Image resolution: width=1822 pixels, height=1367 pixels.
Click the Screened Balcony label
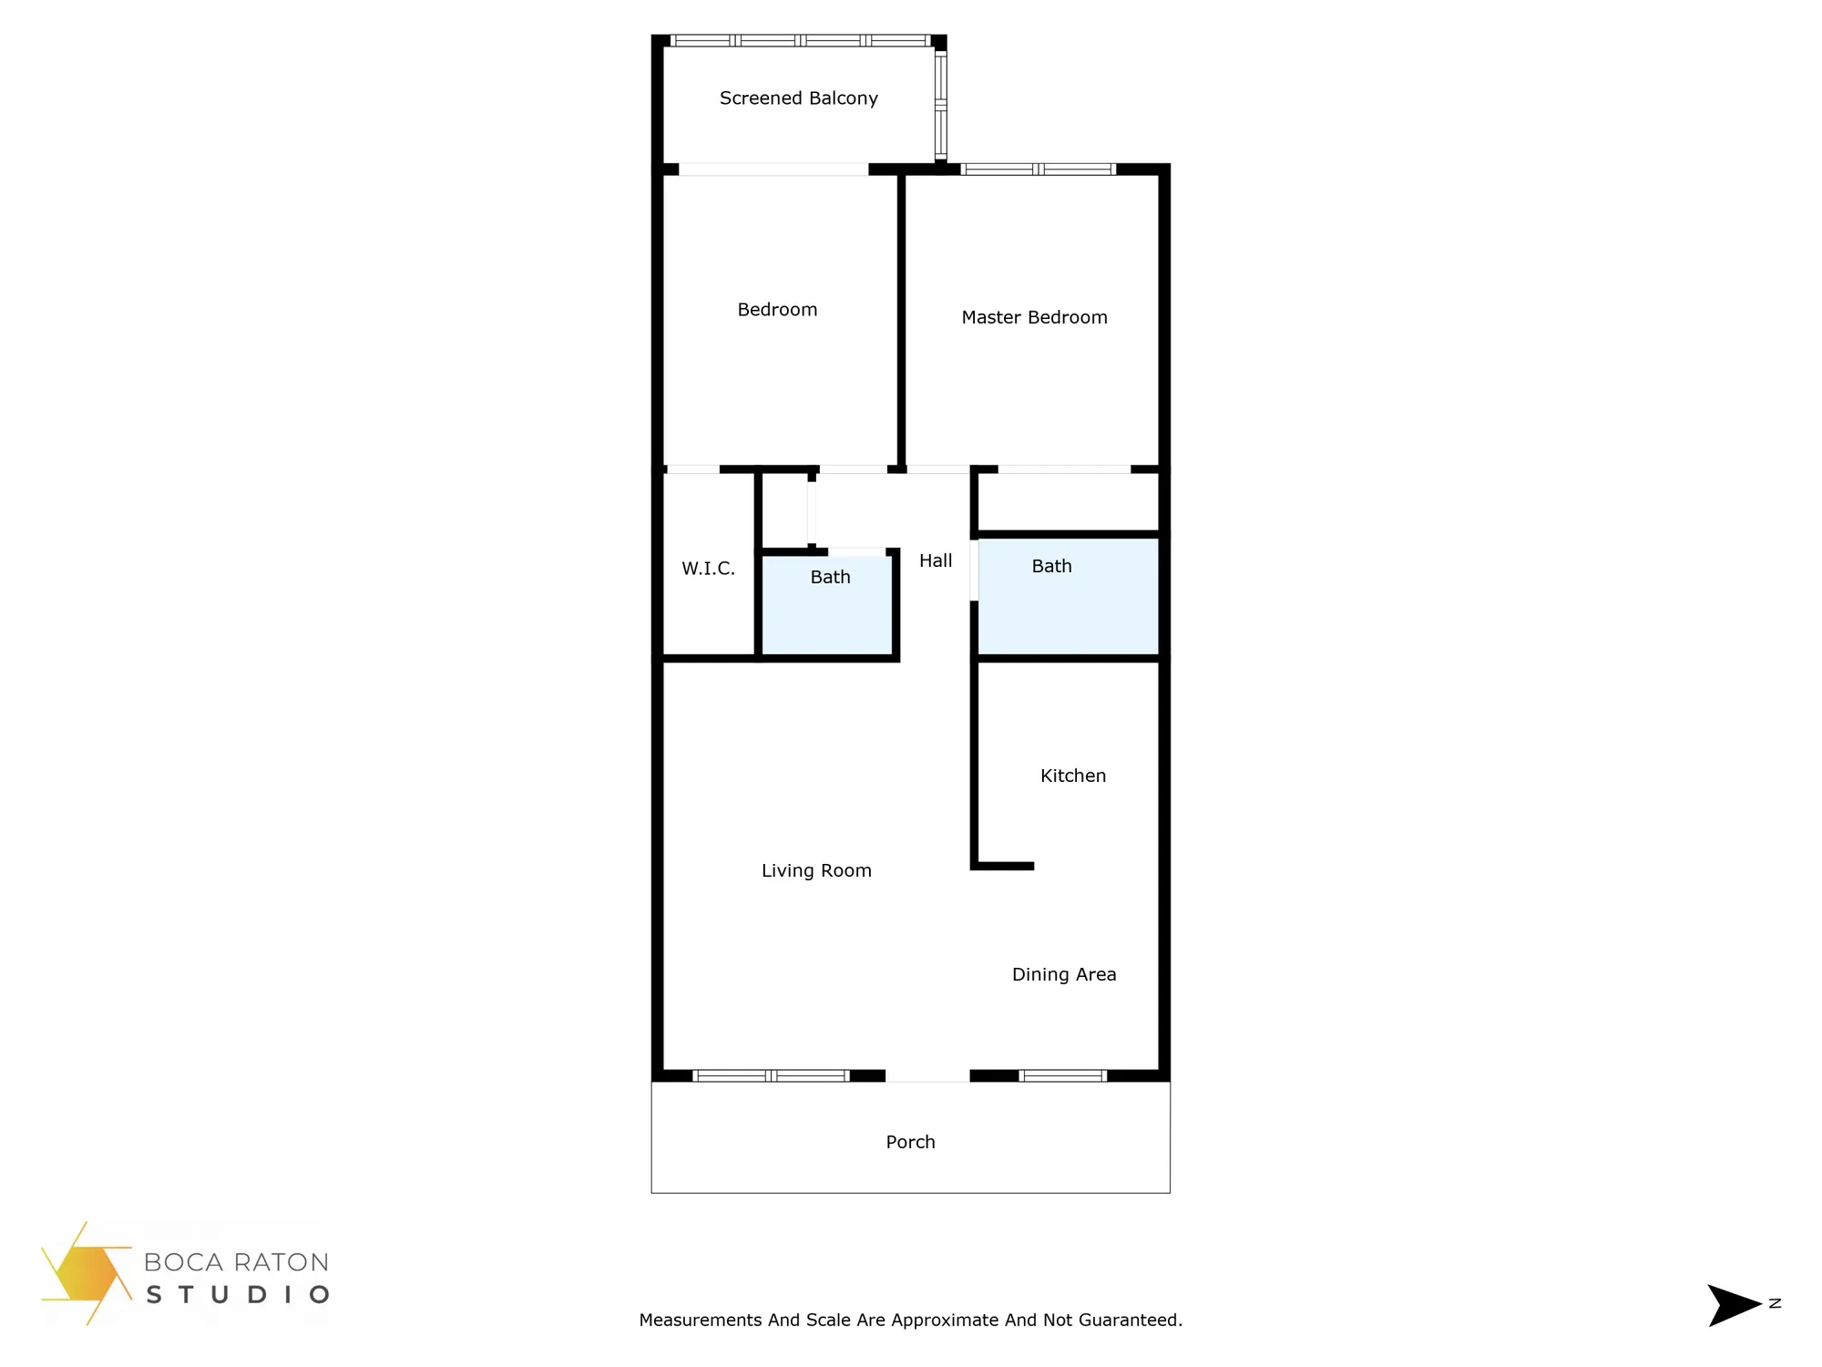pyautogui.click(x=798, y=98)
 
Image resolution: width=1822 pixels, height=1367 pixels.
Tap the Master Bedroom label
pyautogui.click(x=1034, y=317)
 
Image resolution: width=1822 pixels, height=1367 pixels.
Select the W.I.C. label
pyautogui.click(x=708, y=569)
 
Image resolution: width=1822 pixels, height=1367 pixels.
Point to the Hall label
pyautogui.click(x=936, y=560)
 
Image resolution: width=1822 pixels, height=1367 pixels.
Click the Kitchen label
pyautogui.click(x=1073, y=776)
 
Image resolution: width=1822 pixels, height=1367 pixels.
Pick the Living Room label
pyautogui.click(x=816, y=870)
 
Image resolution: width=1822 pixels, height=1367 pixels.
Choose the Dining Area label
pyautogui.click(x=1064, y=974)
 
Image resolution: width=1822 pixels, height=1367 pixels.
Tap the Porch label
pyautogui.click(x=910, y=1142)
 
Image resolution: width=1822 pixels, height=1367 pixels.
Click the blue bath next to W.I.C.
pyautogui.click(x=827, y=606)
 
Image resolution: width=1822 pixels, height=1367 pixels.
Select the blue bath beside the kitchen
pyautogui.click(x=1068, y=598)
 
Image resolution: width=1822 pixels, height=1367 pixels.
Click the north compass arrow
pyautogui.click(x=1734, y=1305)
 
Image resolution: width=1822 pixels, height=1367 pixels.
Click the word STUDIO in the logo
pyautogui.click(x=237, y=1295)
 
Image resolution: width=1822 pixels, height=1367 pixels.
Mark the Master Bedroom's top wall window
pyautogui.click(x=1039, y=170)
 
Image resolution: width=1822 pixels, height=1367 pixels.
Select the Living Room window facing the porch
pyautogui.click(x=772, y=1076)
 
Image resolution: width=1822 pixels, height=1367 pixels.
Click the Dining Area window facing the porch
pyautogui.click(x=1063, y=1076)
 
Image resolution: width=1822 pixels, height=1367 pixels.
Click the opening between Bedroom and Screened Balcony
pyautogui.click(x=773, y=170)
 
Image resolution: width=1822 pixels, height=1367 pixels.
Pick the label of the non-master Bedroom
pyautogui.click(x=777, y=310)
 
